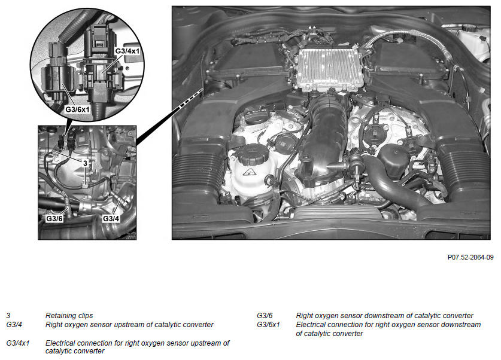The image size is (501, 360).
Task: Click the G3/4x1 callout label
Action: point(127,51)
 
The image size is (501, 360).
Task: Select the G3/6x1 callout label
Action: point(77,109)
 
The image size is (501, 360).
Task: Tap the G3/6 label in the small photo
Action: point(54,219)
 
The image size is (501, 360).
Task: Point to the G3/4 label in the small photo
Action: point(111,219)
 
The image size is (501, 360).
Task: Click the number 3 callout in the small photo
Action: point(85,163)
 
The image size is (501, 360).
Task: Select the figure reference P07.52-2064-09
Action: point(470,257)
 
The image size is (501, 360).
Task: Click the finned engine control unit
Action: point(329,69)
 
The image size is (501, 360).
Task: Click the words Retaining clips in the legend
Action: point(69,316)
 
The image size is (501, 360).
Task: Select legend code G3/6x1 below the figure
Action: point(268,325)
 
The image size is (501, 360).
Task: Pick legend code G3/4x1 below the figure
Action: point(17,343)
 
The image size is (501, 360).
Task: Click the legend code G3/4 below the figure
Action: point(14,325)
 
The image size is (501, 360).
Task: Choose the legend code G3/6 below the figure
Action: point(265,316)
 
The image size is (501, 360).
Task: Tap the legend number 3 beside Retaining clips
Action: point(8,316)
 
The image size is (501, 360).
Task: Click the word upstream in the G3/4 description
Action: point(132,325)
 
